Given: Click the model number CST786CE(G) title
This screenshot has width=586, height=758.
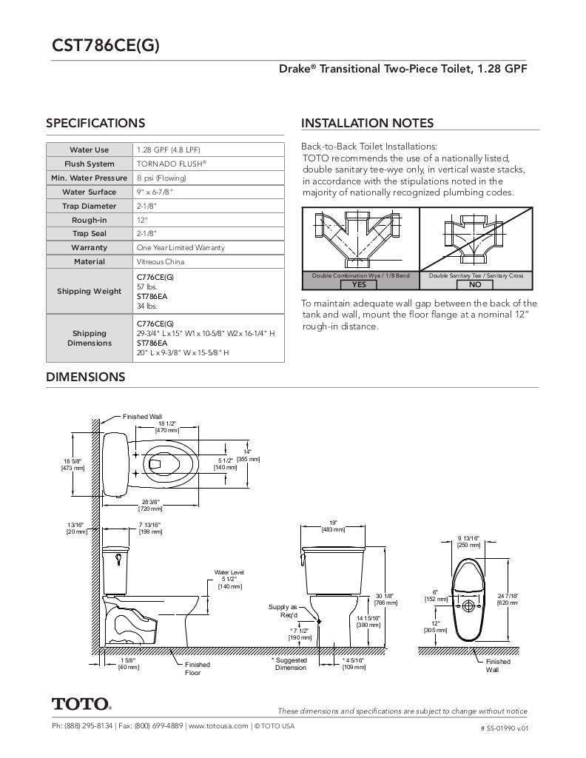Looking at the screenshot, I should click(105, 46).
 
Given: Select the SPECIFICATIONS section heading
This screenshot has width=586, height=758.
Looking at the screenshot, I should click(95, 124).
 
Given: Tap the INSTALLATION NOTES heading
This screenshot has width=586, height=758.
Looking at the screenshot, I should click(367, 124).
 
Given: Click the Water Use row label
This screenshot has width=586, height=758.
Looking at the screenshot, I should click(89, 150).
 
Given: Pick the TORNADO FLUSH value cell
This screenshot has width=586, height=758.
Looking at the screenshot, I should click(172, 164).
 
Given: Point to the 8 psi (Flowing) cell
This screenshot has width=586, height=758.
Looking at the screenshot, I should click(161, 178).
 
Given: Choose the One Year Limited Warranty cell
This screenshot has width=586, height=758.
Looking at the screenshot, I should click(181, 247).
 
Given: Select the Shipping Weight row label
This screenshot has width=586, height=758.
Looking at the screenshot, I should click(89, 291).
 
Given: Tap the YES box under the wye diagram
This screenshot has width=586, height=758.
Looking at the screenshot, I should click(359, 284).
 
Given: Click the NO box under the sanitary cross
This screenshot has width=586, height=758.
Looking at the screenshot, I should click(475, 284).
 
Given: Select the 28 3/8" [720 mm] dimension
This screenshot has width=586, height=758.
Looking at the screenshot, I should click(150, 505).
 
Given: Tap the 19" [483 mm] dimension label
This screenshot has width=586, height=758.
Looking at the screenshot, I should click(333, 526).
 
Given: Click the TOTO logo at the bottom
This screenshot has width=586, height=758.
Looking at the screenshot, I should click(81, 703).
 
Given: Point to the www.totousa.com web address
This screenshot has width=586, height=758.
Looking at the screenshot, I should click(218, 726).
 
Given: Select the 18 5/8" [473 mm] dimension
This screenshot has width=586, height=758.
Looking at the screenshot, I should click(73, 464).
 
